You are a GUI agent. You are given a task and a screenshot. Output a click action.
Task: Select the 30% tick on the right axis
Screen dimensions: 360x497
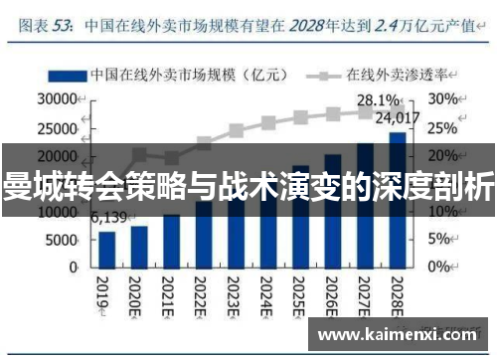443,99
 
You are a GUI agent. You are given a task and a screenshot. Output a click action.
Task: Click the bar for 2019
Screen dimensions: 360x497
106,249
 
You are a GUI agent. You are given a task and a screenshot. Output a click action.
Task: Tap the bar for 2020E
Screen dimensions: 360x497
139,247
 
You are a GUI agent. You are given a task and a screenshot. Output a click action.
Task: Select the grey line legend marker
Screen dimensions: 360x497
322,74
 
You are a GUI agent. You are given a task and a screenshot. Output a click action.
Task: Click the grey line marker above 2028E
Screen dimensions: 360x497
398,109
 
